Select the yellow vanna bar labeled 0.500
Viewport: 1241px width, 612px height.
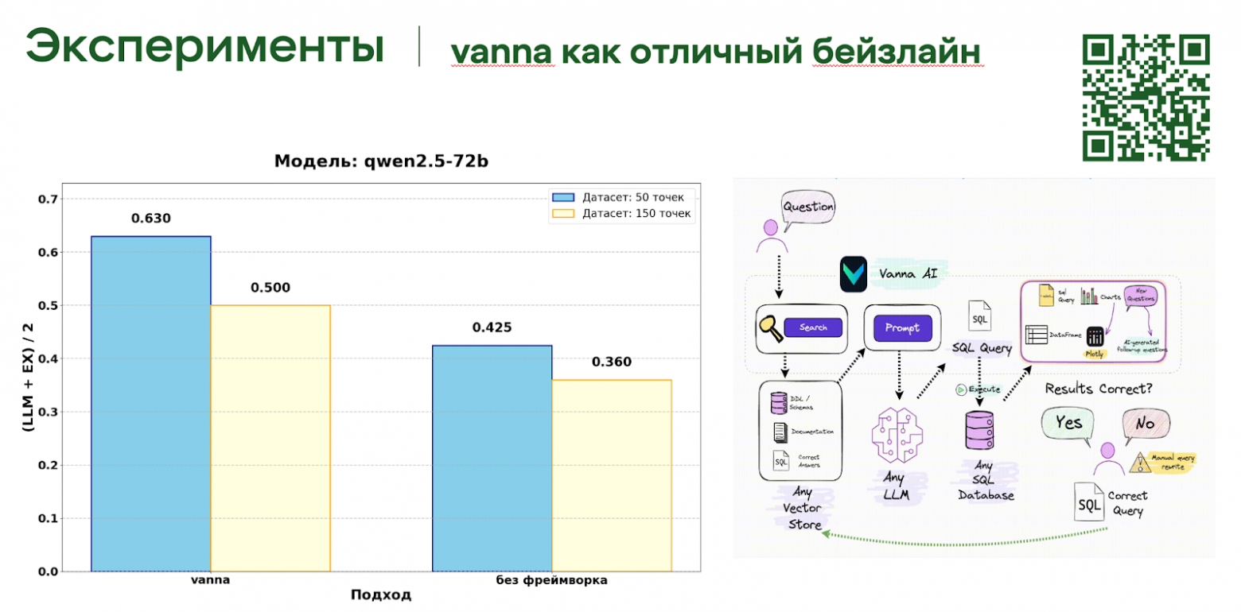tap(270, 438)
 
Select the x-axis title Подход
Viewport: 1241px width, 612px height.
tap(382, 595)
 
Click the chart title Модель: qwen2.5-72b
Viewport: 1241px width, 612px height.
tap(381, 161)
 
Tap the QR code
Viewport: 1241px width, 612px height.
tap(1146, 97)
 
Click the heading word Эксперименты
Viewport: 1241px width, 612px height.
tap(204, 48)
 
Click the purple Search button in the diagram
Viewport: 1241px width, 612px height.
tap(812, 327)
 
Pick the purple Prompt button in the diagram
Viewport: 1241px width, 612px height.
tap(902, 327)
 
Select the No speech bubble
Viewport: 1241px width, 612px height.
tap(1145, 424)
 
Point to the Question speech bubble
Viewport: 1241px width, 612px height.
tap(808, 208)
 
